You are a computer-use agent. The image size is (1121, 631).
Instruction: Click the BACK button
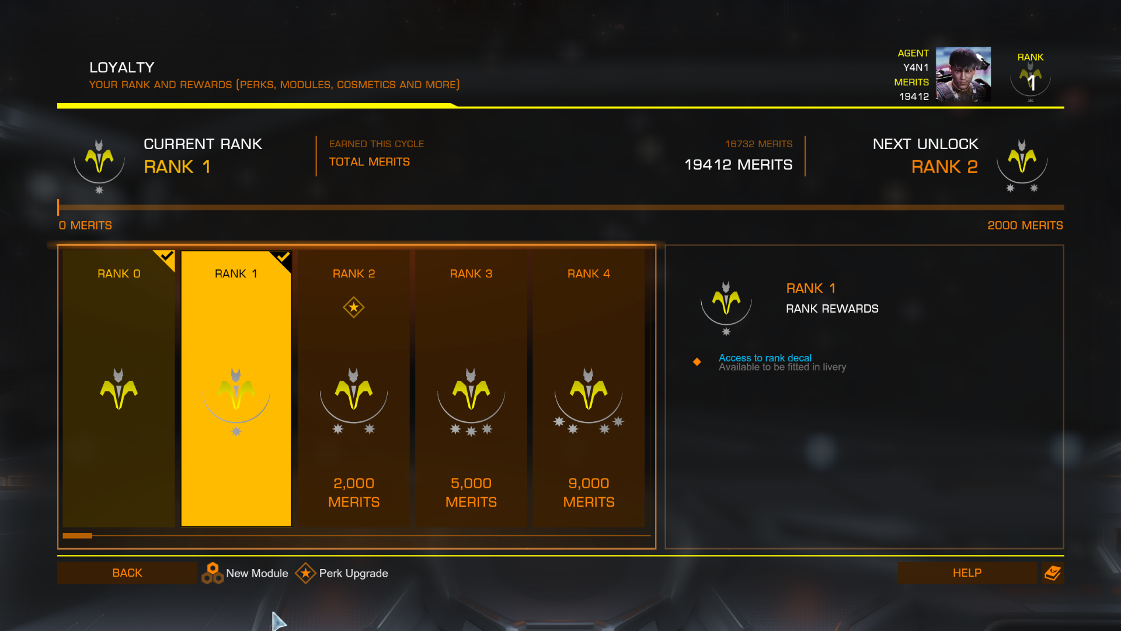(127, 573)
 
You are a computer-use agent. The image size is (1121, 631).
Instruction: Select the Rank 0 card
(119, 389)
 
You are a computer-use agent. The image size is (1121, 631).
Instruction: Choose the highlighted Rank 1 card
(236, 389)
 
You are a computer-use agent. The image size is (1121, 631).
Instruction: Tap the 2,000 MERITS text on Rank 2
(354, 493)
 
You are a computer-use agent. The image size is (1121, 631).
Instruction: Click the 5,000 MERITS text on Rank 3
(471, 493)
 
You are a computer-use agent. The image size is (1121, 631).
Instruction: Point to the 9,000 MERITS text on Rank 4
(589, 493)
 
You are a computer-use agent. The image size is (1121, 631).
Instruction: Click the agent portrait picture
(963, 74)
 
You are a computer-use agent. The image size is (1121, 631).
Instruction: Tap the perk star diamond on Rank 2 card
(354, 307)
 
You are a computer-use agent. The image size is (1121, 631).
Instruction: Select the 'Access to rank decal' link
(765, 358)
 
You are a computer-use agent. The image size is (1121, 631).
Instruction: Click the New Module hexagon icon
(213, 573)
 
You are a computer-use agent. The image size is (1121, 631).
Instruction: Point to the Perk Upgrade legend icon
(305, 573)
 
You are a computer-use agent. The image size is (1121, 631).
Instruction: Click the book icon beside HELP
(1053, 573)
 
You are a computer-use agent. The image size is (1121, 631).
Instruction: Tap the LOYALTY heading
(122, 68)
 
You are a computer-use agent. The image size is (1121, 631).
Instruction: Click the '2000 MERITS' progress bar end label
(1025, 226)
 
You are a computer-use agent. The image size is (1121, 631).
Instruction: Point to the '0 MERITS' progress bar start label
(85, 226)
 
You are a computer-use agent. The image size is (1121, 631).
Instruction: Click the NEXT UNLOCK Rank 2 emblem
(1022, 164)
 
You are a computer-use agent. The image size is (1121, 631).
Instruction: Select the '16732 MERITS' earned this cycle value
(758, 144)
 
